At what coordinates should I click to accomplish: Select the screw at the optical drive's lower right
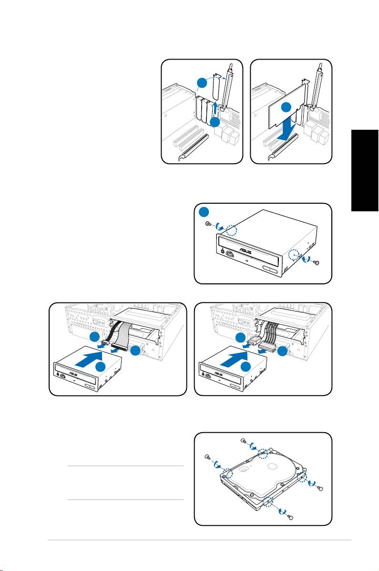coord(317,262)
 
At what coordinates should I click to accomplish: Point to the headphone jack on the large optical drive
coord(223,250)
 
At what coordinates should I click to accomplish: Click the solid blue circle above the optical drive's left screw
coord(205,212)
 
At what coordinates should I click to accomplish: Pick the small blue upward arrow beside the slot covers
coord(215,108)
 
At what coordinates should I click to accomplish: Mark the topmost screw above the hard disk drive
coord(244,441)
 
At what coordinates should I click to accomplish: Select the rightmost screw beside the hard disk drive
coord(320,488)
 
